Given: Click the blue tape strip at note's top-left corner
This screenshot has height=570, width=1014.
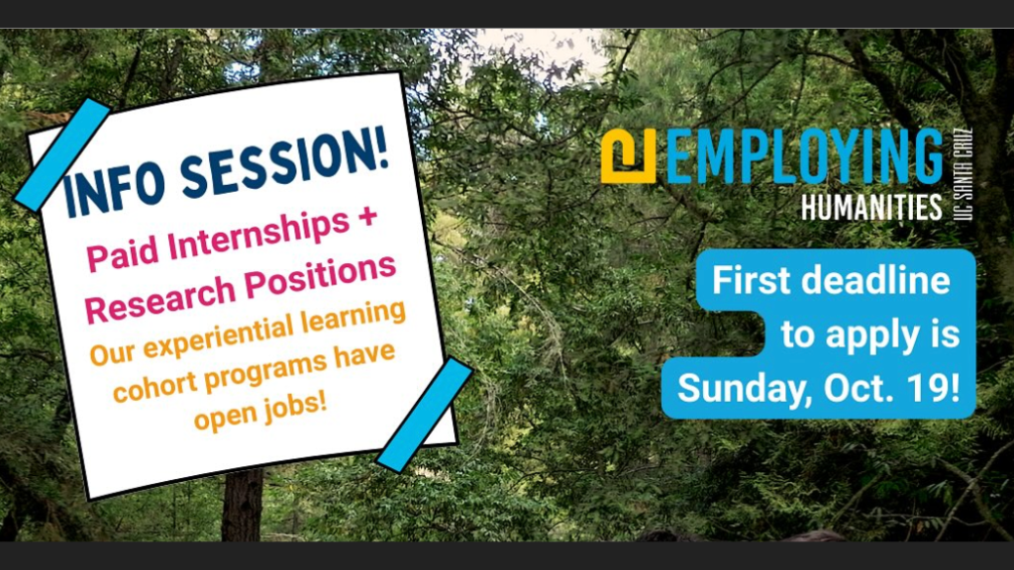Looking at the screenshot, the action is pyautogui.click(x=62, y=155).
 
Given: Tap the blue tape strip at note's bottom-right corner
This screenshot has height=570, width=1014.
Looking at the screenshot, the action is pyautogui.click(x=424, y=415).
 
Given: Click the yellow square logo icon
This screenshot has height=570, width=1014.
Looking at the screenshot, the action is pyautogui.click(x=628, y=156).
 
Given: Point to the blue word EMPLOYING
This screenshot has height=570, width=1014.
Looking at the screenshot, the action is pyautogui.click(x=804, y=156).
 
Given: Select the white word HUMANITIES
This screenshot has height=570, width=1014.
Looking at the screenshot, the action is pyautogui.click(x=871, y=208).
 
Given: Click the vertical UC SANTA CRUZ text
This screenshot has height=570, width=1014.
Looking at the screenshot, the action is pyautogui.click(x=963, y=174).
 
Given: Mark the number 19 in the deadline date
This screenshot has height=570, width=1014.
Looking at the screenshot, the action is pyautogui.click(x=932, y=388).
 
